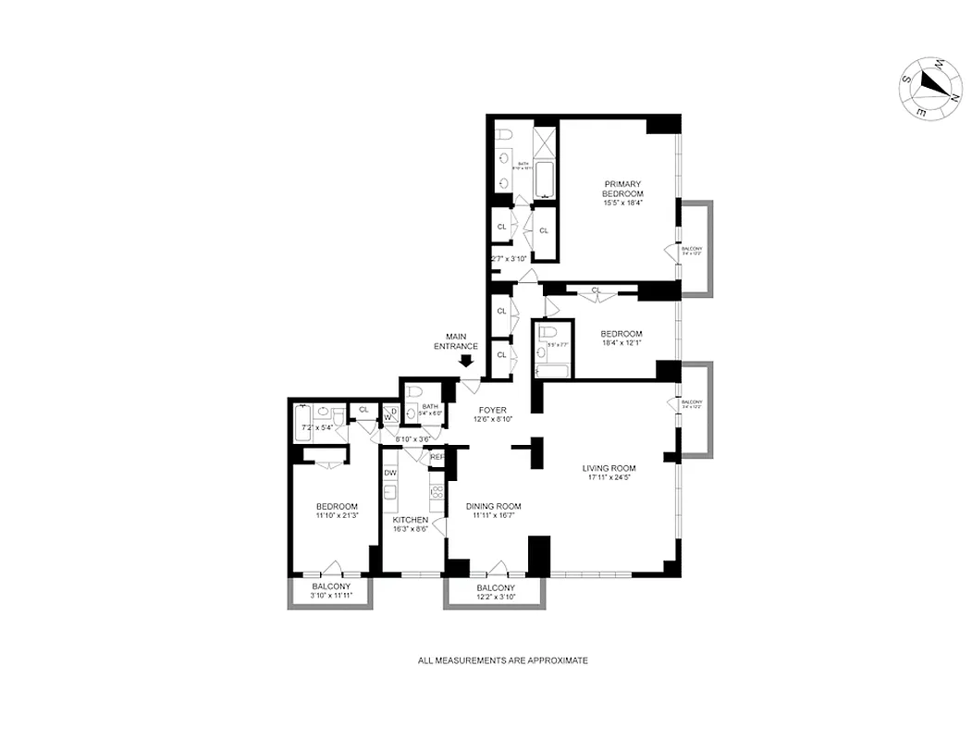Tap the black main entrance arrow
[466, 362]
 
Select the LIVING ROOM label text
[609, 468]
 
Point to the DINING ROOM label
[493, 506]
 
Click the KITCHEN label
[410, 520]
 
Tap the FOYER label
[492, 409]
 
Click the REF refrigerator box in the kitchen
[437, 457]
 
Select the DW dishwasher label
[390, 473]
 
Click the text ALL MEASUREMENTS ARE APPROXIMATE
[502, 660]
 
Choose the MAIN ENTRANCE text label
[461, 341]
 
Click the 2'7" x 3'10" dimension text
[508, 259]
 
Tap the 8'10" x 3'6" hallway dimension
[412, 439]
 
